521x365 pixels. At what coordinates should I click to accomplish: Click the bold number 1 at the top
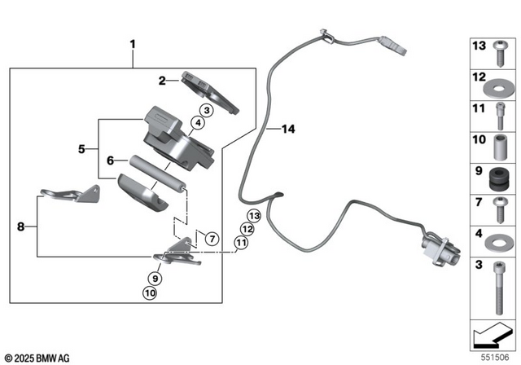click(x=133, y=42)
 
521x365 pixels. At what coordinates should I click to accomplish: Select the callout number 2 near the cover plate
click(x=162, y=81)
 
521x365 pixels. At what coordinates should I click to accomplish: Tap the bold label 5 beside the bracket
click(x=81, y=149)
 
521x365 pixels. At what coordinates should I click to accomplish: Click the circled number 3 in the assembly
click(x=207, y=110)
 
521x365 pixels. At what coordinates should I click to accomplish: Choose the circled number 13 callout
click(x=253, y=216)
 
